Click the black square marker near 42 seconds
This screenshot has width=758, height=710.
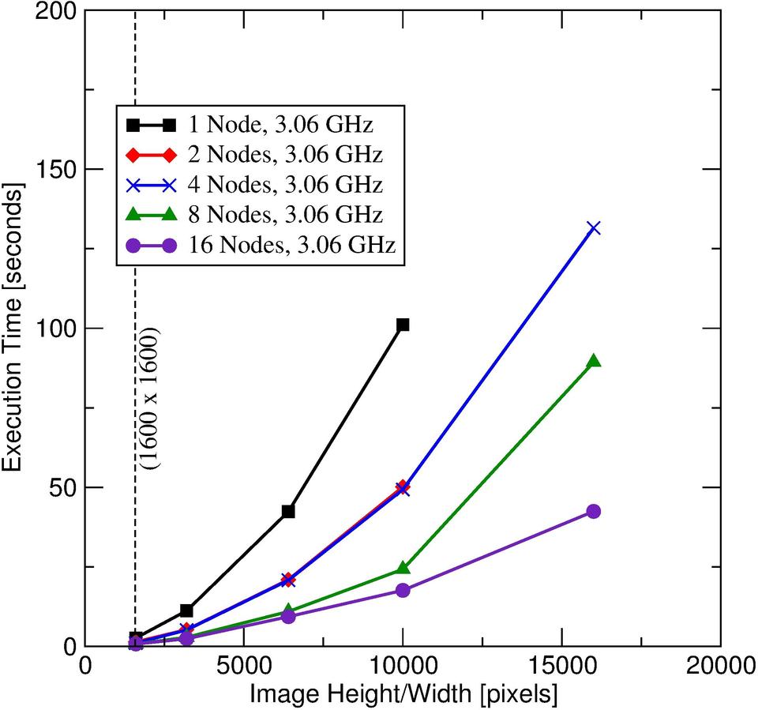pyautogui.click(x=288, y=511)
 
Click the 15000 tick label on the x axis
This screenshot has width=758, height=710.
pyautogui.click(x=561, y=666)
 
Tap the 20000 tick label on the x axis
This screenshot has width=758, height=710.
pyautogui.click(x=720, y=666)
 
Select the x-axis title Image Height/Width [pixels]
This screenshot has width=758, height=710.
pyautogui.click(x=403, y=693)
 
